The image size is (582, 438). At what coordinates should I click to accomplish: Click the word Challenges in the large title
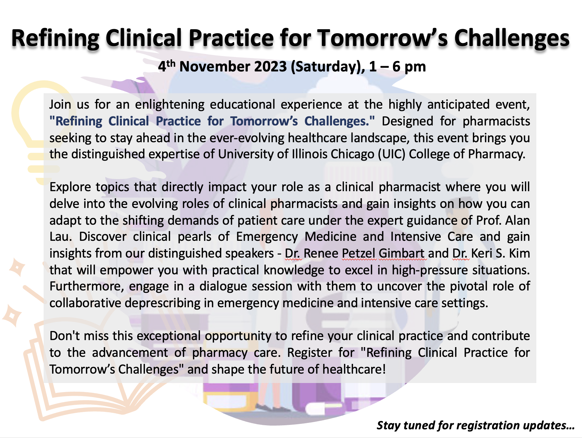tap(512, 38)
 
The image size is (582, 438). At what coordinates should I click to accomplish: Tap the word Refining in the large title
tap(55, 38)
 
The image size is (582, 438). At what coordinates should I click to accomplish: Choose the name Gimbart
tap(402, 253)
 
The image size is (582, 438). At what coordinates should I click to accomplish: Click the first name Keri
tap(482, 253)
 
